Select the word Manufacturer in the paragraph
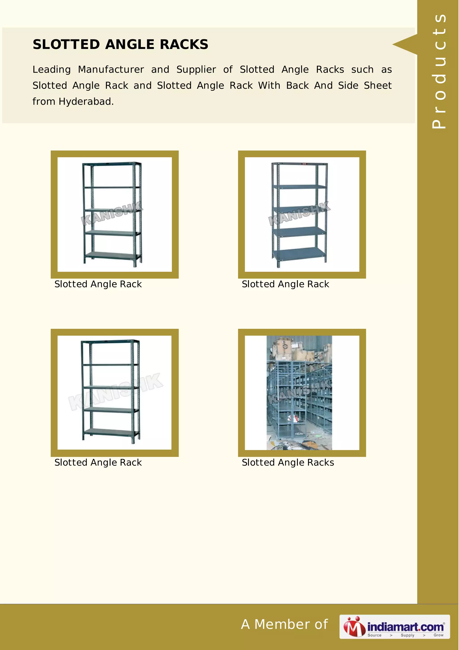click(111, 70)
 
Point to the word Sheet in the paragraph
click(378, 85)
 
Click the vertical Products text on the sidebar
click(439, 71)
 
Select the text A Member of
click(284, 624)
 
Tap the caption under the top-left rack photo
click(98, 284)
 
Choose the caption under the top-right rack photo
click(285, 284)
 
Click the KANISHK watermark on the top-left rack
click(112, 214)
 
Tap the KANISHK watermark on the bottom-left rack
click(115, 392)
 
